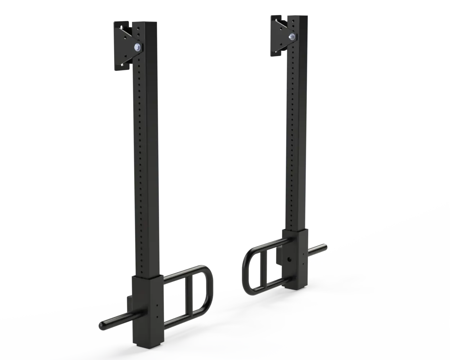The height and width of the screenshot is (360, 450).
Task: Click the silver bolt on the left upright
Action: [137, 47]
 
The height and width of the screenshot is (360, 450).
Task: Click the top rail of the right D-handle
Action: [266, 245]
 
